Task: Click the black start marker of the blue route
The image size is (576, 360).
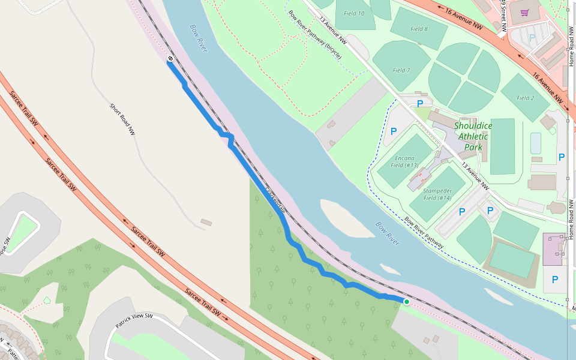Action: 170,59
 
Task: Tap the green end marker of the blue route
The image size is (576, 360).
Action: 406,302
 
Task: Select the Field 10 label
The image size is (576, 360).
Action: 353,13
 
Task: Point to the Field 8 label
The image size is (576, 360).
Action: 418,29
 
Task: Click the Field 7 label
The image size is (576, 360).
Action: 401,70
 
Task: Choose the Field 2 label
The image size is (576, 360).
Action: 525,98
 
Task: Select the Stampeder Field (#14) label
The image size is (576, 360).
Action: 437,194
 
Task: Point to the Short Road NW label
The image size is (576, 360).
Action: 122,118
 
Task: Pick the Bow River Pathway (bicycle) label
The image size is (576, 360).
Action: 314,34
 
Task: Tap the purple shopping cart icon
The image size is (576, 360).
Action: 524,13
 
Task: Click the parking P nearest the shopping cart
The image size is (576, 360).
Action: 532,37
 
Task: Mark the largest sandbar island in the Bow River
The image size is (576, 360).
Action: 346,218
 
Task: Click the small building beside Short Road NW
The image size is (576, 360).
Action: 206,223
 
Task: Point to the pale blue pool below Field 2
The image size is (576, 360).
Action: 535,143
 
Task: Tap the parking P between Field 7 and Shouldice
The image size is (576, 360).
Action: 419,104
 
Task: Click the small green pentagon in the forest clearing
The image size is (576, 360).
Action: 47,300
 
